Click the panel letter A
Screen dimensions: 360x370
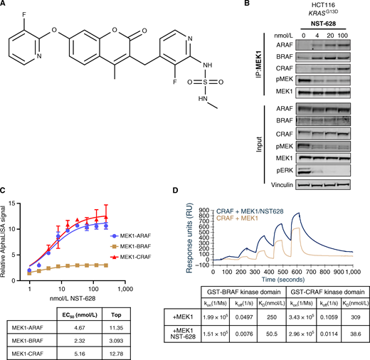point(5,5)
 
